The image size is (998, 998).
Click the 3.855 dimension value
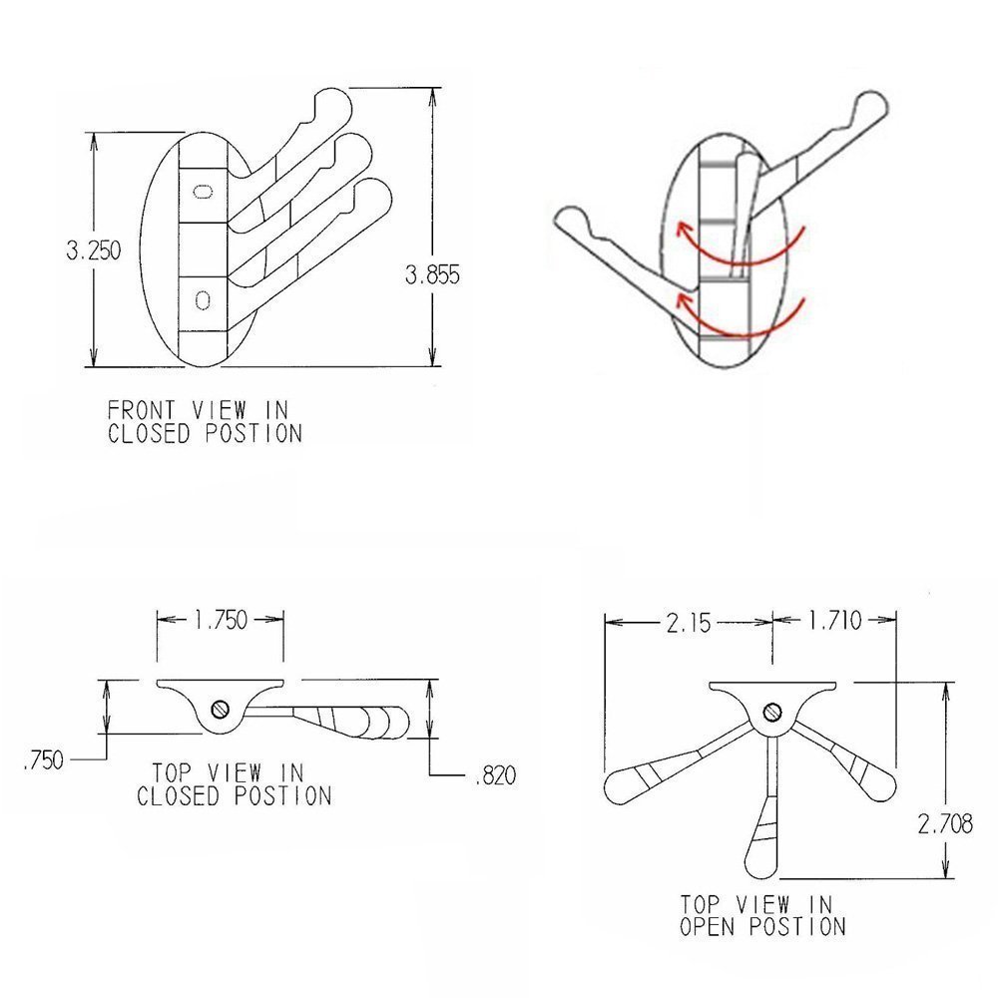click(x=432, y=276)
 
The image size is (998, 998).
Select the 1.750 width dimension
click(x=221, y=619)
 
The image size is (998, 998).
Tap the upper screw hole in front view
click(x=204, y=192)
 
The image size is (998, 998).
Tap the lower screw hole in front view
click(x=204, y=297)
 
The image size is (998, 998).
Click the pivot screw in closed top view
click(x=222, y=710)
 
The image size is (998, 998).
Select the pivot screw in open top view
click(x=771, y=712)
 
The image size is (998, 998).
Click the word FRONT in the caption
click(x=137, y=410)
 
